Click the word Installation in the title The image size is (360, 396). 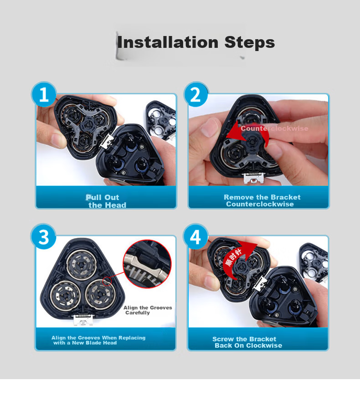[x=168, y=42]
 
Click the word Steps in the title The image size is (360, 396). [x=250, y=42]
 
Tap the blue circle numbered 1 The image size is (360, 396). [x=44, y=94]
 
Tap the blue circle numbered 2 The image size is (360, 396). [x=196, y=94]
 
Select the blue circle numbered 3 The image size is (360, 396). [x=43, y=237]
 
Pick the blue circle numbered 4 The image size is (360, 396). [x=196, y=237]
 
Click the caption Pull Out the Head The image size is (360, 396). [x=106, y=201]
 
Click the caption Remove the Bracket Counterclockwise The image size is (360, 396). [x=262, y=201]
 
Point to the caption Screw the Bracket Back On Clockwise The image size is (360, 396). [x=247, y=342]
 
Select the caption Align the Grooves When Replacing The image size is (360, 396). [x=98, y=338]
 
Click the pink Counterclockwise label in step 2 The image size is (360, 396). [x=274, y=129]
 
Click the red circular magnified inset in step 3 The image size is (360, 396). [x=147, y=264]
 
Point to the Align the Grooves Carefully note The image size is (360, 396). [x=148, y=310]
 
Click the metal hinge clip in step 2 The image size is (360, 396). [x=253, y=178]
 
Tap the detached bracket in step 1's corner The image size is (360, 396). [x=161, y=120]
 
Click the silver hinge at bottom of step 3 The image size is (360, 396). [x=83, y=320]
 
